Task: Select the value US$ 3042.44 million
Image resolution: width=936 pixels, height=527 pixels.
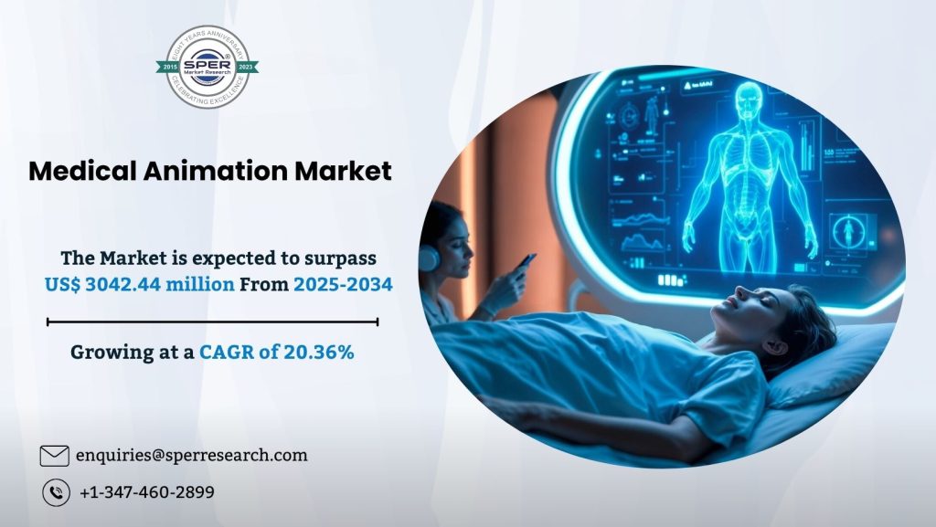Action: pyautogui.click(x=139, y=284)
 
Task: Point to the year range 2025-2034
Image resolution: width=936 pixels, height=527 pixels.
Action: pyautogui.click(x=343, y=284)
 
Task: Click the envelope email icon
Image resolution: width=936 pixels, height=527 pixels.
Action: pyautogui.click(x=55, y=455)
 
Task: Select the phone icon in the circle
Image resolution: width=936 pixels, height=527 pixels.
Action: pyautogui.click(x=56, y=492)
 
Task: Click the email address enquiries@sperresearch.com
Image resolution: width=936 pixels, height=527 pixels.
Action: pyautogui.click(x=191, y=455)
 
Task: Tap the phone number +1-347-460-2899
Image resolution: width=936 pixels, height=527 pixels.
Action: pyautogui.click(x=147, y=492)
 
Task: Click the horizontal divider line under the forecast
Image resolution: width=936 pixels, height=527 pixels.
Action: pyautogui.click(x=212, y=321)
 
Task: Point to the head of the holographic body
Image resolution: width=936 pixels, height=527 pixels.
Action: pyautogui.click(x=749, y=99)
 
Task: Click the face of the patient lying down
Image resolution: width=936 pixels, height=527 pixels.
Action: pyautogui.click(x=749, y=316)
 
